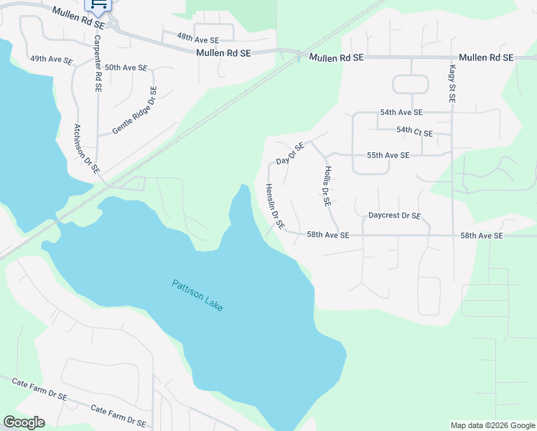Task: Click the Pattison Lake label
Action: pos(197,295)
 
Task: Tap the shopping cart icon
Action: pos(99,6)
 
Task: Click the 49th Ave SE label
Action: pos(51,60)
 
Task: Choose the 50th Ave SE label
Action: pos(126,68)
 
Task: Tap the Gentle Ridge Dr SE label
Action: pos(134,111)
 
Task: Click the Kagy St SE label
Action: pos(452,85)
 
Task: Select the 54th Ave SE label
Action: pos(401,113)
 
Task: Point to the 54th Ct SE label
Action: pos(414,132)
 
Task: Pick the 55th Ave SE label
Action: pos(388,155)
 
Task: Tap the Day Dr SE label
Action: pos(291,152)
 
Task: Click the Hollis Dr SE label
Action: pos(326,186)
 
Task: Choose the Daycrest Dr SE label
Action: pos(394,215)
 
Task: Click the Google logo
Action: pos(24,422)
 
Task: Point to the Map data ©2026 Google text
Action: pos(492,425)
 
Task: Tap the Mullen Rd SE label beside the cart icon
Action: pos(79,19)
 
